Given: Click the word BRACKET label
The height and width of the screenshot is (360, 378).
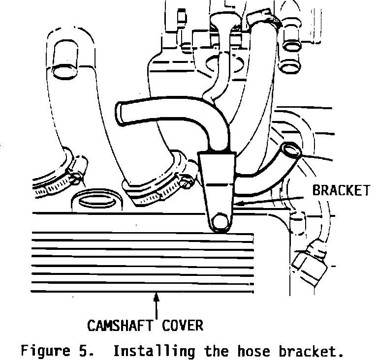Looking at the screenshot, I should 341,190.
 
